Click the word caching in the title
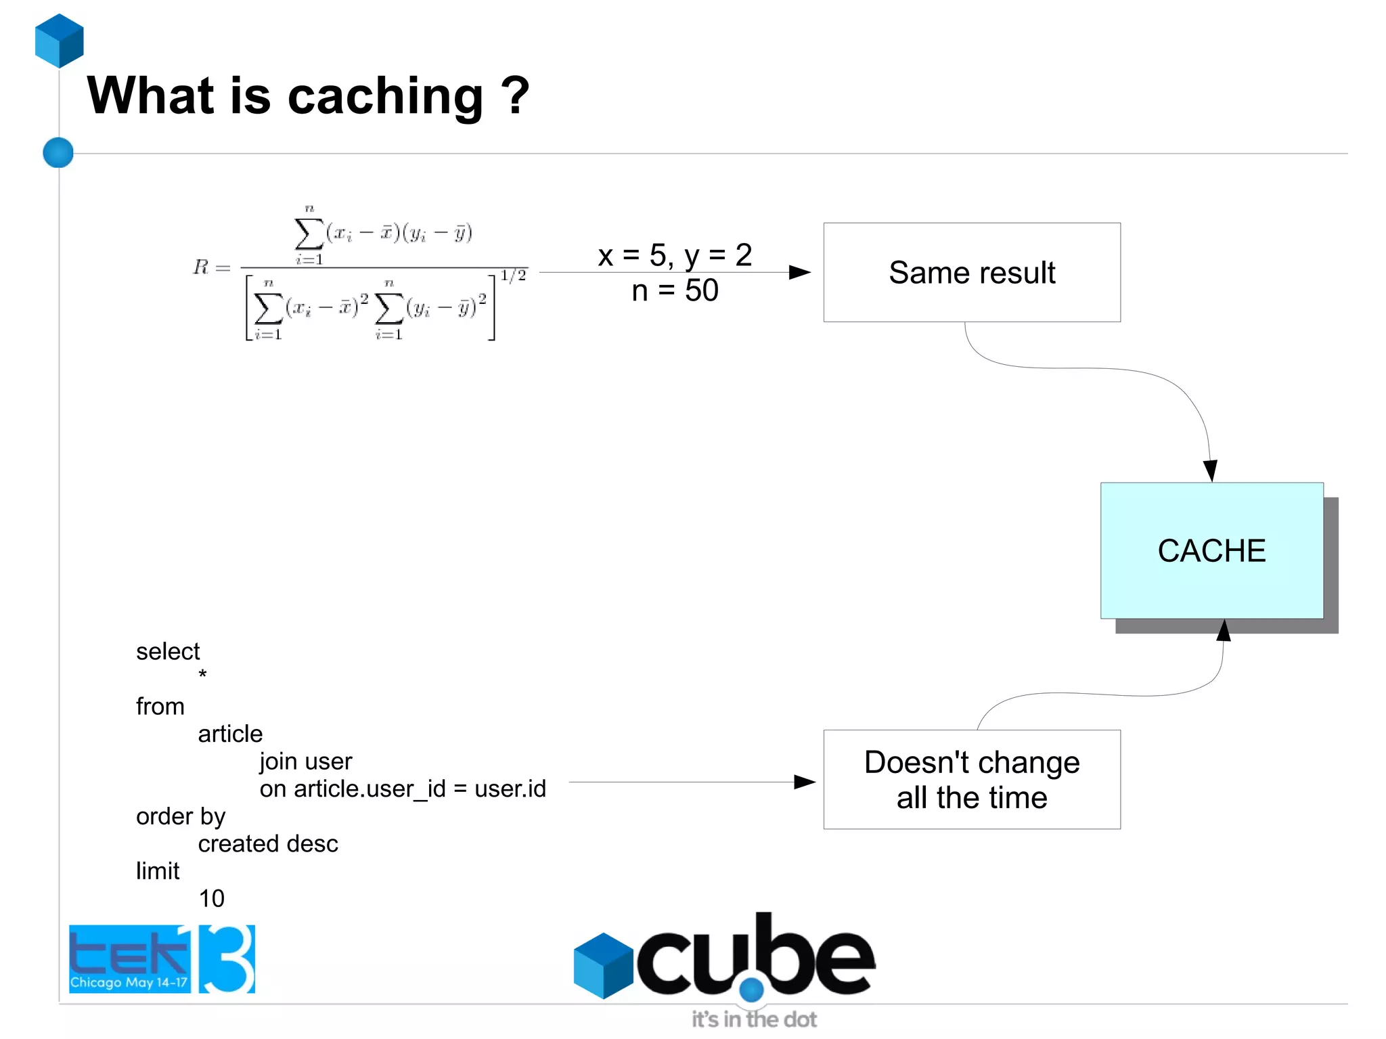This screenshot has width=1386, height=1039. coord(385,97)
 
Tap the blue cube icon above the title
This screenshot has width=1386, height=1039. coord(60,41)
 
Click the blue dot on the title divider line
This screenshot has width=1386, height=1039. coord(58,152)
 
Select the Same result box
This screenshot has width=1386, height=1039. coord(971,272)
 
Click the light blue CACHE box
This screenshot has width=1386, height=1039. coord(1211,550)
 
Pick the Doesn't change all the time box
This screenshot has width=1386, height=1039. coord(971,779)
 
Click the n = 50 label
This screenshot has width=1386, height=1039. coord(675,291)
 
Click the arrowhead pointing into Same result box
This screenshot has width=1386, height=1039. coord(800,272)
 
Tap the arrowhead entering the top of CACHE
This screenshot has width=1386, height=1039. coord(1210,470)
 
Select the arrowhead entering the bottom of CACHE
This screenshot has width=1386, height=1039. coord(1223,630)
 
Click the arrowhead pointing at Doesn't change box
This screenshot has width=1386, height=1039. coord(804,782)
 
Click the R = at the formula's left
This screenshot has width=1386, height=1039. coord(210,267)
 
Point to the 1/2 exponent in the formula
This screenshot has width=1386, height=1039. coord(513,275)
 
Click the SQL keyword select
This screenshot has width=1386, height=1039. coord(168,652)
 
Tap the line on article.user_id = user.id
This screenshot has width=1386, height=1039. coord(403,789)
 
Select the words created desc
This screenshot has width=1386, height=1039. coord(268,844)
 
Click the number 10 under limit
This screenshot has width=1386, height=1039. coord(211,899)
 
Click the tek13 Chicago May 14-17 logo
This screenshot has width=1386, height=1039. coord(162,959)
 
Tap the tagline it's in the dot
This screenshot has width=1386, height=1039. coord(753,1019)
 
